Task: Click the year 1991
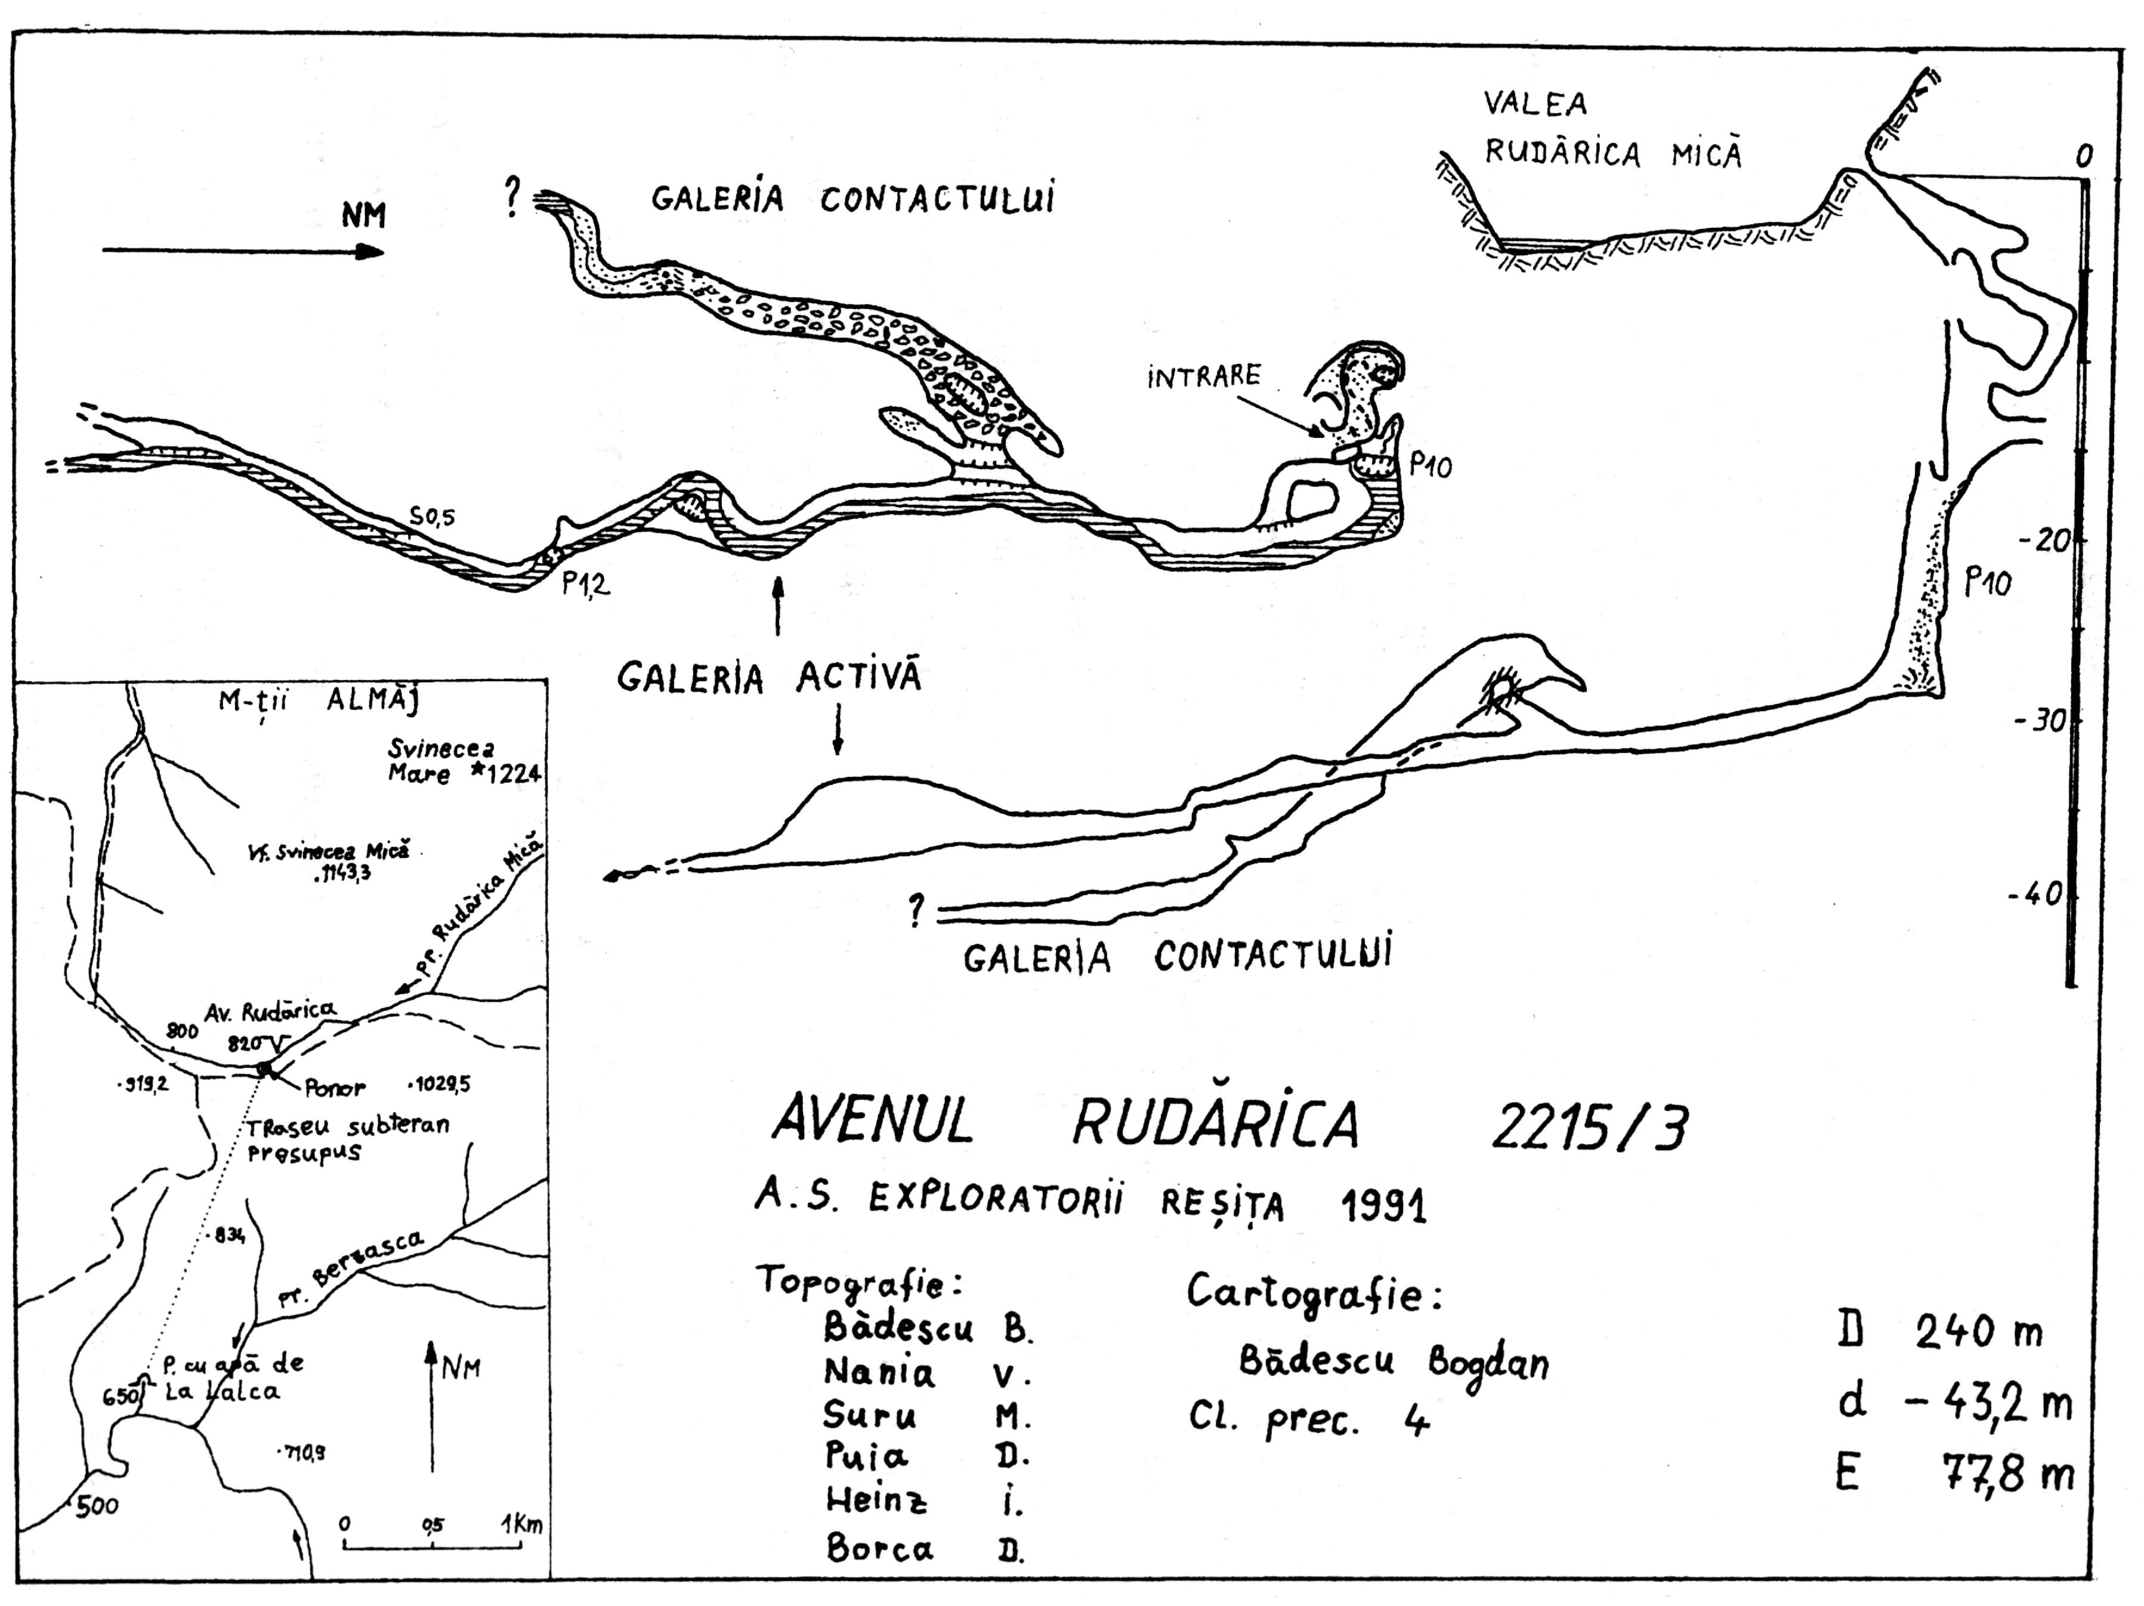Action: [x=1383, y=1207]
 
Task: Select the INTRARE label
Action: [x=1204, y=375]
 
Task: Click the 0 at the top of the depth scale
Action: [x=2084, y=155]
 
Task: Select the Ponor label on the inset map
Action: [x=335, y=1088]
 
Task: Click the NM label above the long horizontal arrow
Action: [x=363, y=215]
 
